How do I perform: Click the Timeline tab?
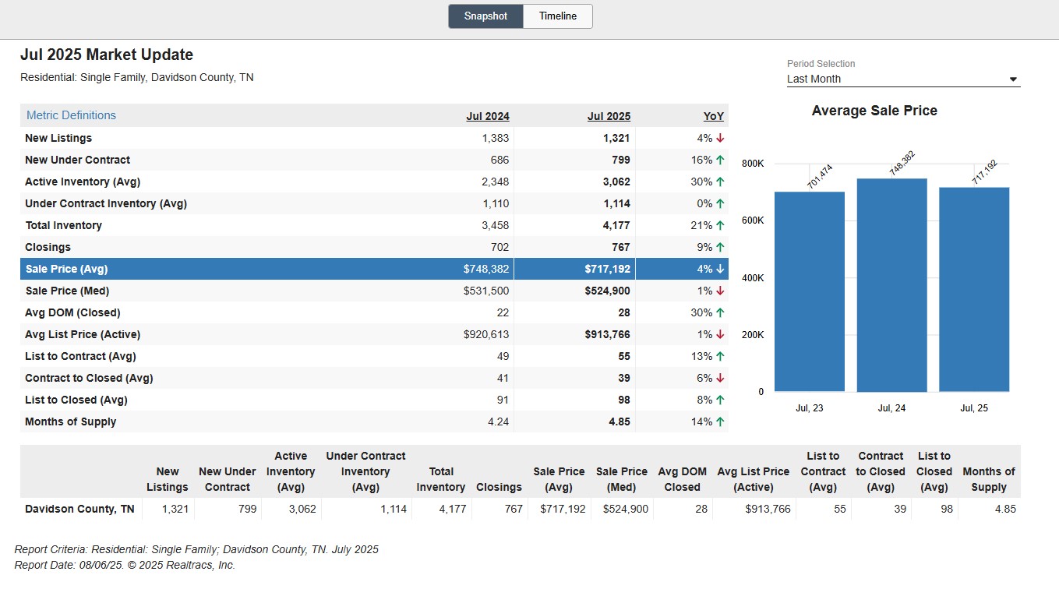[558, 16]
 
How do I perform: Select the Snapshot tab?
[485, 16]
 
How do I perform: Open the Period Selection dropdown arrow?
[1013, 79]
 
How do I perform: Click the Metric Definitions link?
[71, 115]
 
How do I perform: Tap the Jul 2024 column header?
[488, 116]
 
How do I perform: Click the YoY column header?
[714, 116]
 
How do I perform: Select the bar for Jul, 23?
[810, 291]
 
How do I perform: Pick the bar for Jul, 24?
[891, 285]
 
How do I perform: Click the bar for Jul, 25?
[974, 289]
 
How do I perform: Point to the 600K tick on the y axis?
[753, 220]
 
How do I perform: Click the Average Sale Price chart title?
[874, 111]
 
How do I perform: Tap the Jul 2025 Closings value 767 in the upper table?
[620, 247]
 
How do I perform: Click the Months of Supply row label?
[70, 421]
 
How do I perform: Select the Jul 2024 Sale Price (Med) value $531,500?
[486, 291]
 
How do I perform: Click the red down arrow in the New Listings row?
[720, 138]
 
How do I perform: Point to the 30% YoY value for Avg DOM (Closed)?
[701, 312]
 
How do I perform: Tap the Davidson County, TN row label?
[79, 509]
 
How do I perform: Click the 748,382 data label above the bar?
[902, 164]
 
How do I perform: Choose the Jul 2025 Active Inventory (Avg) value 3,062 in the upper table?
[616, 182]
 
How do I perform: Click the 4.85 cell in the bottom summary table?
[1005, 509]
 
